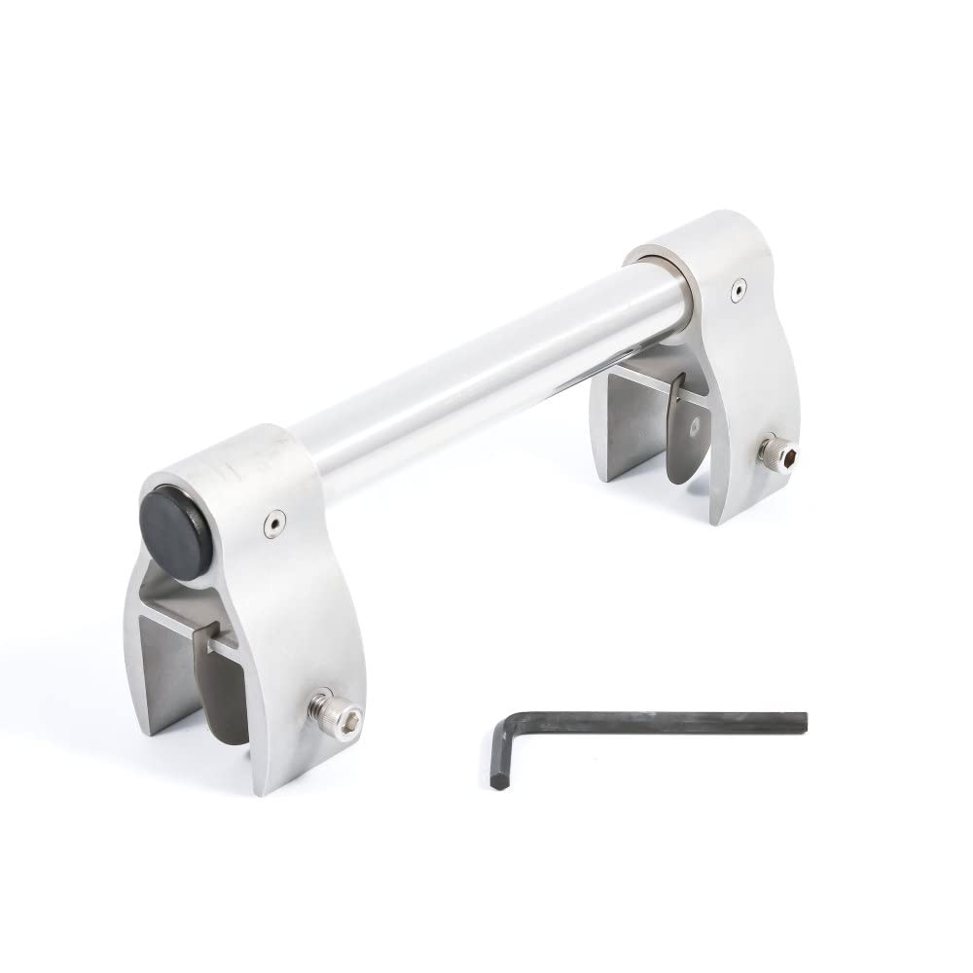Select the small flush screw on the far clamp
click(740, 289)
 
